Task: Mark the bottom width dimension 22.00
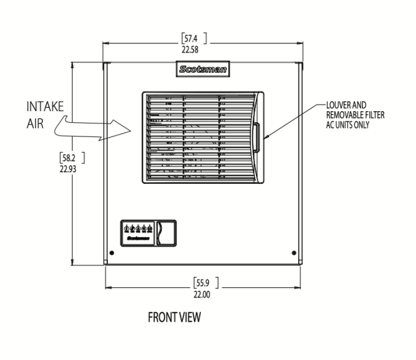click(202, 292)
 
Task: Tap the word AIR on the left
click(35, 125)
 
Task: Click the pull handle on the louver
click(257, 138)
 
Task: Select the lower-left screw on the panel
click(113, 252)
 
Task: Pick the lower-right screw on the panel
click(294, 252)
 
